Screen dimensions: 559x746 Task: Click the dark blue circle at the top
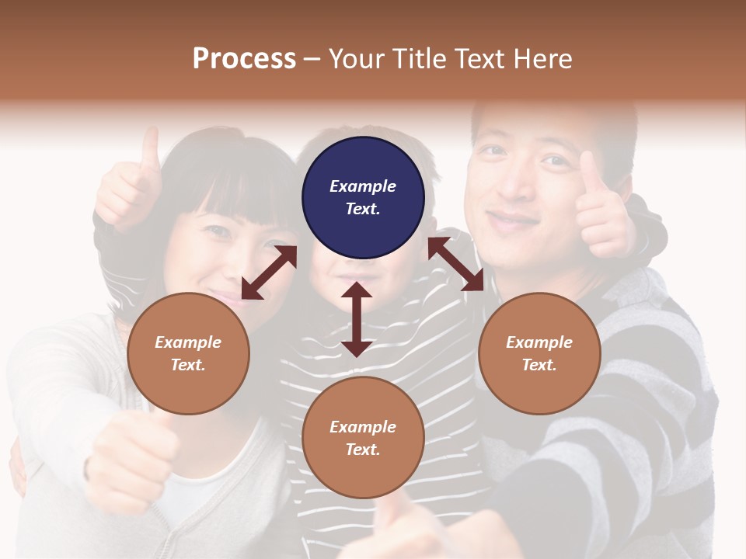pyautogui.click(x=363, y=197)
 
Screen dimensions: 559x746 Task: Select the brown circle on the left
pyautogui.click(x=188, y=353)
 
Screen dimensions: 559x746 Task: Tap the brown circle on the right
pyautogui.click(x=539, y=353)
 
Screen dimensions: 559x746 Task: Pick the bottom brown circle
pyautogui.click(x=363, y=438)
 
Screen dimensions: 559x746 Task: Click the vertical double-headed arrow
pyautogui.click(x=357, y=319)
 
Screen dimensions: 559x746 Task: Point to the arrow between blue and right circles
pyautogui.click(x=455, y=264)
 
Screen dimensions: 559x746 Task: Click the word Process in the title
pyautogui.click(x=244, y=59)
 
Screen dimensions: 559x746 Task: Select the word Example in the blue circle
pyautogui.click(x=363, y=186)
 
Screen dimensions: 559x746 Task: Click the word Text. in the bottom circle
pyautogui.click(x=363, y=450)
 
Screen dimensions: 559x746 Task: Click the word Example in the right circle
pyautogui.click(x=539, y=342)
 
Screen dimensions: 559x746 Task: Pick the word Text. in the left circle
pyautogui.click(x=188, y=365)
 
